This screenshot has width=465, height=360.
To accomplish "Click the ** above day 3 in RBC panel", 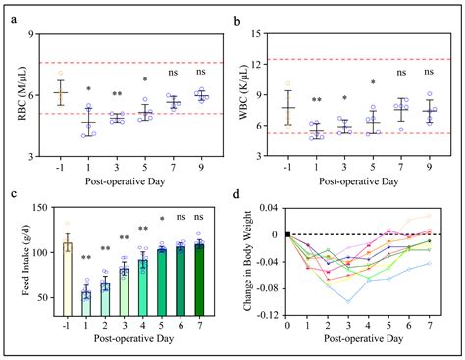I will [116, 94].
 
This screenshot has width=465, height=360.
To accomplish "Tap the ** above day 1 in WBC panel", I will [317, 101].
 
